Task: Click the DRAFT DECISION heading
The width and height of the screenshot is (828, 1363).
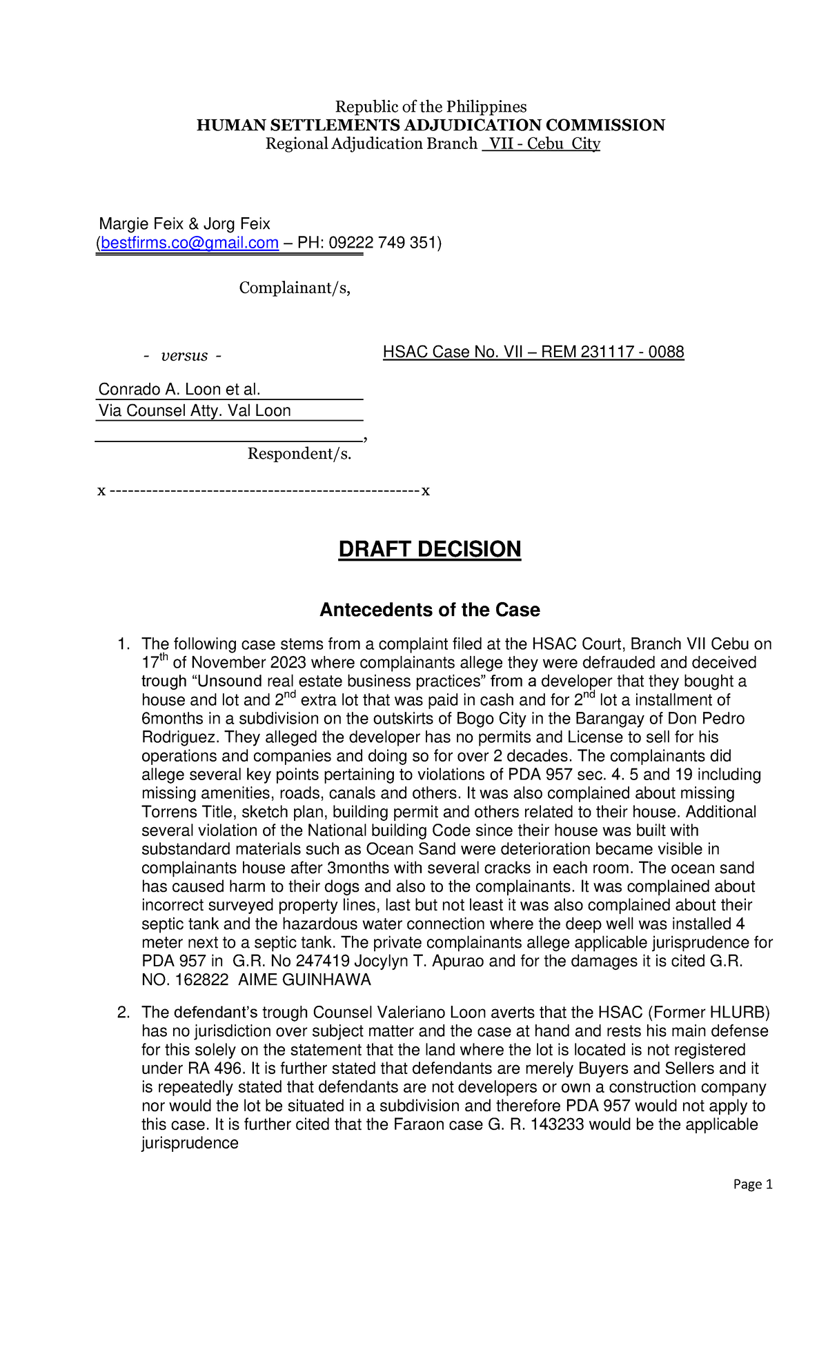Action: pyautogui.click(x=429, y=550)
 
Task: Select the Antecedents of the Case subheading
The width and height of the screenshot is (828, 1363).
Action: pyautogui.click(x=429, y=610)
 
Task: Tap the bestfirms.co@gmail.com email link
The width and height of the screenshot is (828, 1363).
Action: pyautogui.click(x=190, y=243)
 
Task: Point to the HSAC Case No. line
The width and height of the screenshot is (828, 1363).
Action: pyautogui.click(x=533, y=352)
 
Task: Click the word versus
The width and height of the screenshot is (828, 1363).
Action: pyautogui.click(x=184, y=356)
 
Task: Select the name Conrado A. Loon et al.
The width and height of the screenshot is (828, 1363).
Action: pyautogui.click(x=179, y=390)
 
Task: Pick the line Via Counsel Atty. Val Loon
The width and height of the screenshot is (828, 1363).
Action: pyautogui.click(x=195, y=411)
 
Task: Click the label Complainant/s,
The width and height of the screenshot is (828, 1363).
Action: pyautogui.click(x=295, y=288)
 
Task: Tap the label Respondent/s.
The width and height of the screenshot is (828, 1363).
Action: pyautogui.click(x=299, y=454)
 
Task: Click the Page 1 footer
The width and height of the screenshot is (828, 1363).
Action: pyautogui.click(x=752, y=1184)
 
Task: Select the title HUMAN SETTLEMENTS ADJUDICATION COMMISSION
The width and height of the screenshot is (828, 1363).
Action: pyautogui.click(x=431, y=126)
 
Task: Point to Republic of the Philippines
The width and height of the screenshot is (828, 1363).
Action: pyautogui.click(x=431, y=107)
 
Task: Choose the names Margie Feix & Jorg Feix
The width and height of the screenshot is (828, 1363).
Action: pyautogui.click(x=184, y=224)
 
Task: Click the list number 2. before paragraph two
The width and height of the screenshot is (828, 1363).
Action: pyautogui.click(x=124, y=1013)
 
